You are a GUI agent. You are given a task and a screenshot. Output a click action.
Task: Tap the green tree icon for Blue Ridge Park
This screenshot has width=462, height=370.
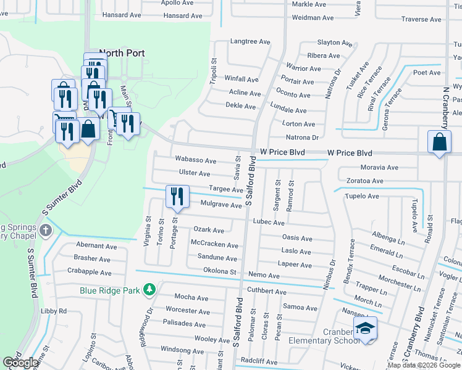pyautogui.click(x=148, y=289)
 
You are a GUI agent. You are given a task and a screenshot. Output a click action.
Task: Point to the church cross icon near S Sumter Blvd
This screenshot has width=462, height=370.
pyautogui.click(x=45, y=231)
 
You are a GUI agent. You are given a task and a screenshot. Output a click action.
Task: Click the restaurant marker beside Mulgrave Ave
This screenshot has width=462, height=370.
pyautogui.click(x=177, y=197)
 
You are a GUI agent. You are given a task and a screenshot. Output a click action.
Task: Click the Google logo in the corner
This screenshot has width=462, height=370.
pyautogui.click(x=20, y=363)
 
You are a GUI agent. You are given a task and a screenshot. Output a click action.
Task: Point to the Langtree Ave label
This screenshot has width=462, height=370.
pyautogui.click(x=250, y=42)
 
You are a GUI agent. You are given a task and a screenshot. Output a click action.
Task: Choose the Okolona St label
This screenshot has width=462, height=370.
pyautogui.click(x=220, y=271)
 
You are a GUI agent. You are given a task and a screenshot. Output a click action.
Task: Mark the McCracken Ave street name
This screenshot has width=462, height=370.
pyautogui.click(x=214, y=245)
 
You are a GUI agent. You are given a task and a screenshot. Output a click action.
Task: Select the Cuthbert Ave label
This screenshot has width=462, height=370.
pyautogui.click(x=267, y=292)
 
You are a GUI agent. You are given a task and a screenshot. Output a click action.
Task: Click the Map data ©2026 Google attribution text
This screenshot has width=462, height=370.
pyautogui.click(x=423, y=364)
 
